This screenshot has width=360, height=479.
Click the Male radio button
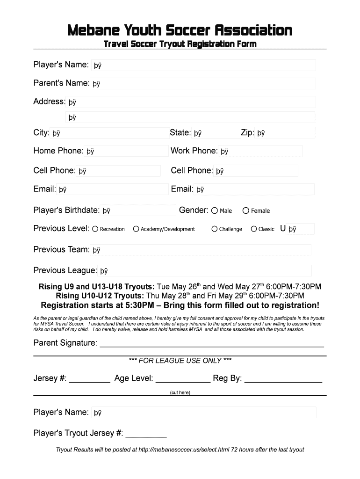[215, 210]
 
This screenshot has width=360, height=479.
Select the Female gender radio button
[246, 210]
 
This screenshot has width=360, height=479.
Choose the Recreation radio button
[95, 229]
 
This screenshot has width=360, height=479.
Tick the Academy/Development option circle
[136, 229]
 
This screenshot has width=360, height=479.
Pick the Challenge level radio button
[215, 229]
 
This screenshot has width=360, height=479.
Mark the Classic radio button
[254, 229]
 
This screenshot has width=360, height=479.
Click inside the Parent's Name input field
[203, 84]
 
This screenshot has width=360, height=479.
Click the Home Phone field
[126, 151]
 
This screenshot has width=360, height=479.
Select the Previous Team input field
[201, 250]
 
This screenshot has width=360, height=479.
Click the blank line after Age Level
[183, 381]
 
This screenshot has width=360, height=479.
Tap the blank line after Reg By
[283, 381]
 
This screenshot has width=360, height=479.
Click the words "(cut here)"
[180, 392]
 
